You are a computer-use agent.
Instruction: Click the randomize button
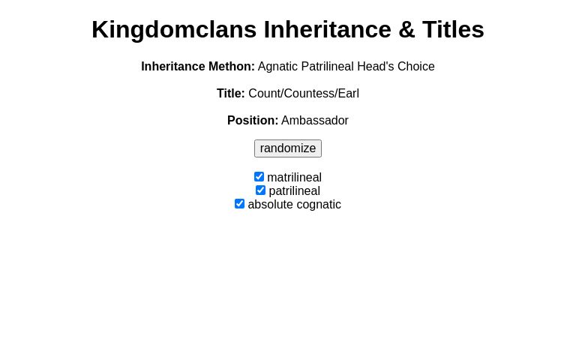288,148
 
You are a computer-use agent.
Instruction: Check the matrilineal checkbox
259,177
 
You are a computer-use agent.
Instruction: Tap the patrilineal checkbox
260,190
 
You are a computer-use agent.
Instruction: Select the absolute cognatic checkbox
239,204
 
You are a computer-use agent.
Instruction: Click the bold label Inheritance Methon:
198,67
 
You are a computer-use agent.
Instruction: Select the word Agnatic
277,67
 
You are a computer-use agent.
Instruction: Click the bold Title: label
231,94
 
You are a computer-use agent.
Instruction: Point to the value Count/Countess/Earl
304,94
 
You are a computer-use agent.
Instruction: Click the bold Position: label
253,121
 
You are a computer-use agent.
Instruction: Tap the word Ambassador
315,121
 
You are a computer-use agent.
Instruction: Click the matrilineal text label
294,178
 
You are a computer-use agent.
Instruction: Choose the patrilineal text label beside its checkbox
294,191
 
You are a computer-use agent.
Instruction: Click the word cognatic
317,205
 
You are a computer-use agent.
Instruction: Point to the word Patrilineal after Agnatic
327,67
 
